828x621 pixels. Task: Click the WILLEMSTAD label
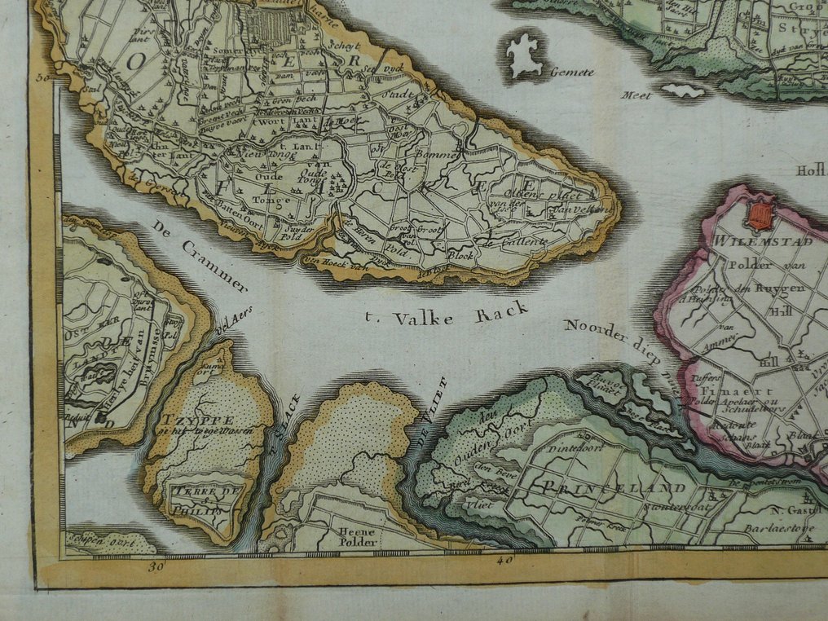point(751,241)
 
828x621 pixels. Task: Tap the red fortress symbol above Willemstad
point(759,215)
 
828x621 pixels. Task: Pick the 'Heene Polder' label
point(357,536)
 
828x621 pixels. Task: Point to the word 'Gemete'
point(570,73)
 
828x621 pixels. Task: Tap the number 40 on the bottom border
point(504,561)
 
